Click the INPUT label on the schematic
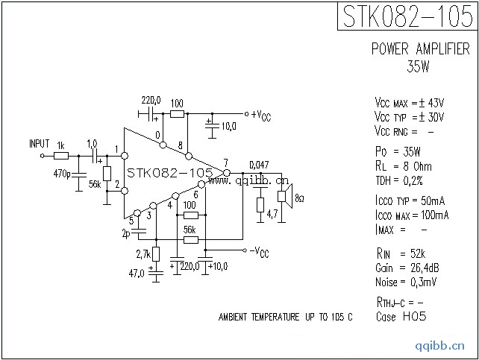coord(39,143)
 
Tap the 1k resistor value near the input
coord(60,145)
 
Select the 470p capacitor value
coord(63,174)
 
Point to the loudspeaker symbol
coord(284,195)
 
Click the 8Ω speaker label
coord(299,199)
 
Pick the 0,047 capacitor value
coord(258,165)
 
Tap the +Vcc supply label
coord(260,114)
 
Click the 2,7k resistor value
coord(142,255)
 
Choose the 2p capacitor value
coord(126,233)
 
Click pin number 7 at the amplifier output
coord(225,163)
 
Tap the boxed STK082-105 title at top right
coord(407,16)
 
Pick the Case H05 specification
coord(401,316)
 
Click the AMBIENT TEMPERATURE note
coord(285,318)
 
